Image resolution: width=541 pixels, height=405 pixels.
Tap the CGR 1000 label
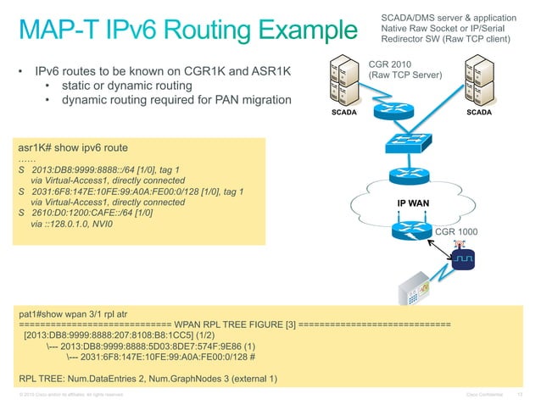point(457,231)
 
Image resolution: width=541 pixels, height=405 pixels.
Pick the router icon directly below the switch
point(413,176)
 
